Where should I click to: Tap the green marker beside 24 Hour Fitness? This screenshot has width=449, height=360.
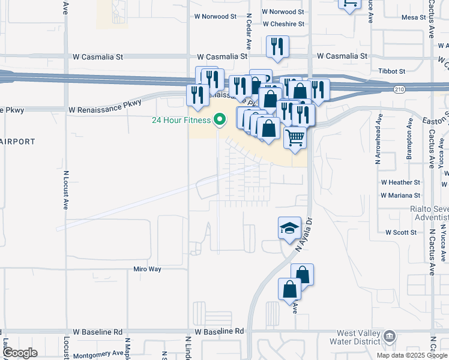click(219, 120)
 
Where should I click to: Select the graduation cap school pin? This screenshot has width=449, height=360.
click(289, 228)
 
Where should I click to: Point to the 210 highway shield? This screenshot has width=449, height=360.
click(399, 89)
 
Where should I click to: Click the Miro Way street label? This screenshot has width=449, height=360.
click(148, 269)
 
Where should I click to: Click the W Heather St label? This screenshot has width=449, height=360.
click(400, 182)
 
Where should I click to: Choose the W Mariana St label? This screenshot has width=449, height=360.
click(400, 195)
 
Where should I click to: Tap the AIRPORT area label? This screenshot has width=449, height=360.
click(17, 142)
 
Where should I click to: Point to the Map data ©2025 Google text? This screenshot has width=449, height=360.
click(412, 355)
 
